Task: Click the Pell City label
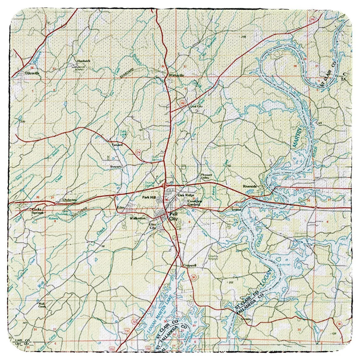172,216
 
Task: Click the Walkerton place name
137,218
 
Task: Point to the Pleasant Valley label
205,176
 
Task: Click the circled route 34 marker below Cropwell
194,276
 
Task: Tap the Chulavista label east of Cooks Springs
69,200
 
